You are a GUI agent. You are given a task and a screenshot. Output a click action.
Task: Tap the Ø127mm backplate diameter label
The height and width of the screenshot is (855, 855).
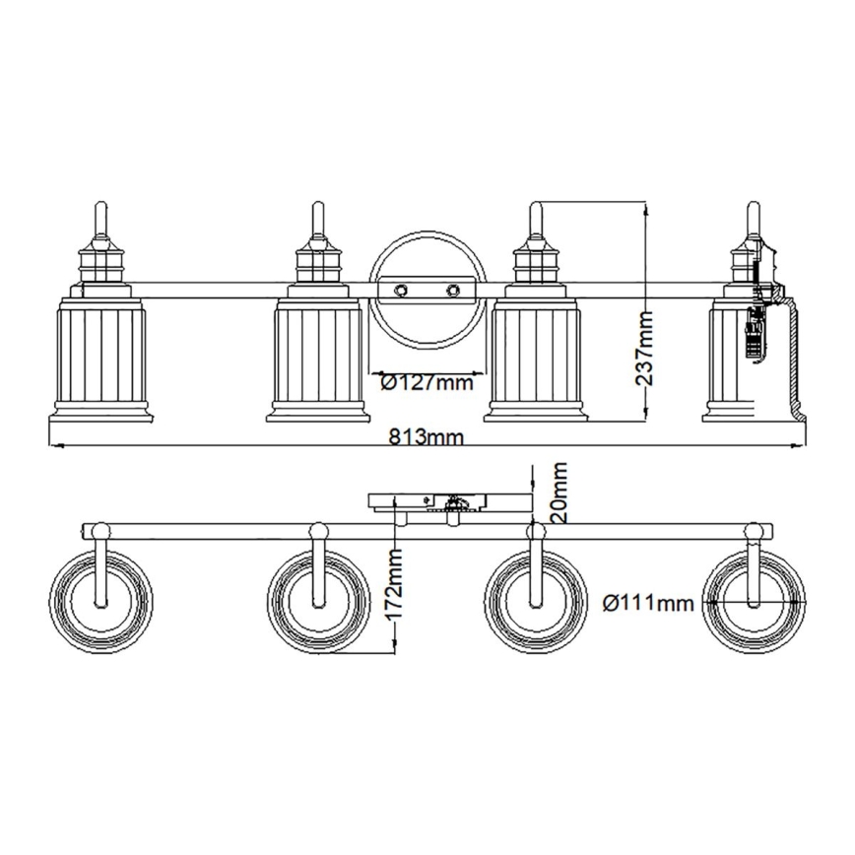(x=427, y=382)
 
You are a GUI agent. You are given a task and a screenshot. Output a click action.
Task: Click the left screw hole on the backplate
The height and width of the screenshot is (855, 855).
(x=402, y=290)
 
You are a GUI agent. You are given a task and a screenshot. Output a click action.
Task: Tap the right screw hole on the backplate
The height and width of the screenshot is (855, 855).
(x=453, y=290)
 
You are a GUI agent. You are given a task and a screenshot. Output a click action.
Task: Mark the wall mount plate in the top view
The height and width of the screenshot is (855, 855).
(x=448, y=502)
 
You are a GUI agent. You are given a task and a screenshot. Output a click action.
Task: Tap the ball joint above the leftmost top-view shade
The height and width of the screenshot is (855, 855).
(x=99, y=531)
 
